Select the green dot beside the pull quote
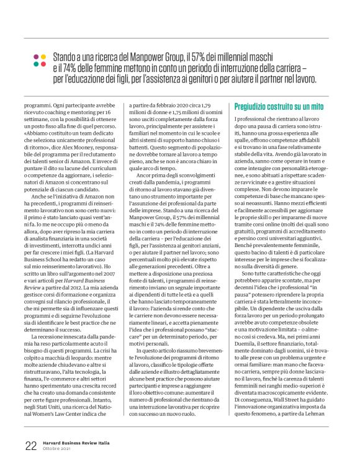[x=43, y=65]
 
